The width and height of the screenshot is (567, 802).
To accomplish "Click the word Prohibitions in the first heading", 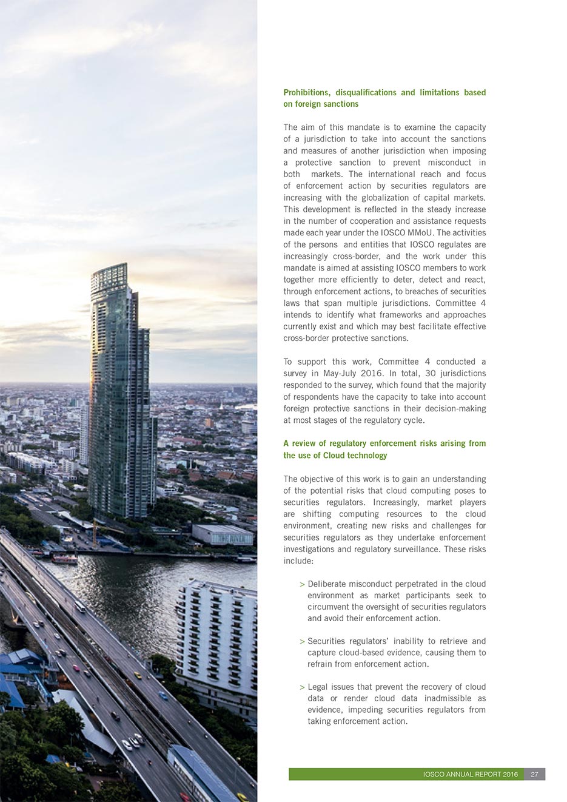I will click(x=306, y=93).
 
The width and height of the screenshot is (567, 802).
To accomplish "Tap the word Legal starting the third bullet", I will click(x=318, y=687).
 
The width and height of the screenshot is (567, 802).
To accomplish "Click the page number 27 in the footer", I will click(x=534, y=775).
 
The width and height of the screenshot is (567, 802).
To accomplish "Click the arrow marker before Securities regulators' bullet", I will click(x=302, y=642).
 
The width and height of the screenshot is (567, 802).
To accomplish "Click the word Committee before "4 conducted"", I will click(x=398, y=362).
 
